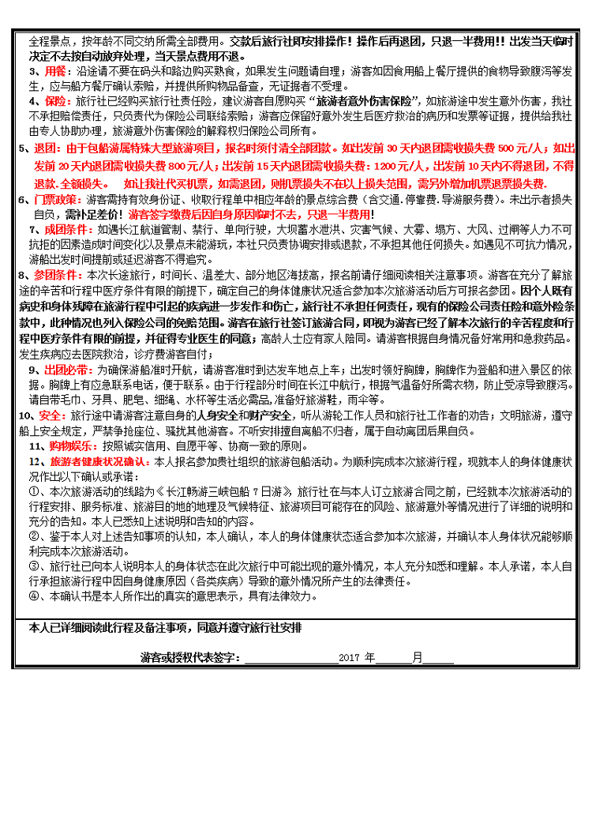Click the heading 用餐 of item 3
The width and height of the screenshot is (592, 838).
click(42, 71)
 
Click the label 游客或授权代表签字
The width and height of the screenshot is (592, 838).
click(189, 657)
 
